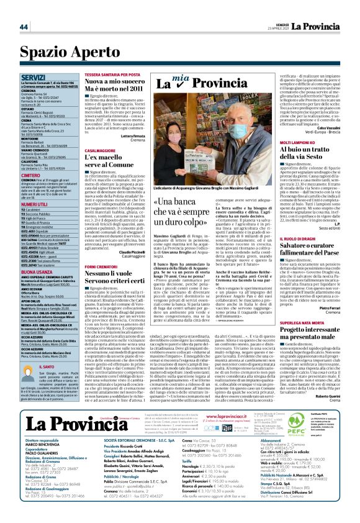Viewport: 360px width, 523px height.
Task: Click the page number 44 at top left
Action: (24, 27)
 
